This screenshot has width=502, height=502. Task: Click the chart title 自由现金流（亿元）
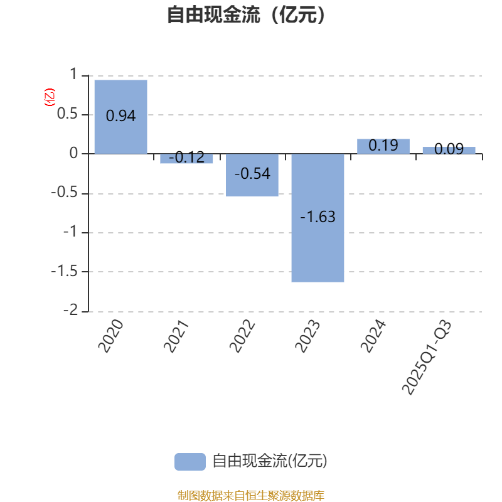click(x=246, y=14)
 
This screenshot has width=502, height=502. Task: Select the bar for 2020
click(x=120, y=117)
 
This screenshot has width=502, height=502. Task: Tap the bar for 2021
click(x=186, y=159)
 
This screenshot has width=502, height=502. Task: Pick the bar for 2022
click(x=252, y=175)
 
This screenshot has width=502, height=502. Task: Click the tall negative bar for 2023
click(x=318, y=218)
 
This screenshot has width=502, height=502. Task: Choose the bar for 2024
click(x=383, y=146)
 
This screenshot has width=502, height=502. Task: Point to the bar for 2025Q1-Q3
click(x=449, y=151)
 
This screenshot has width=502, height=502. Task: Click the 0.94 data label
click(x=120, y=115)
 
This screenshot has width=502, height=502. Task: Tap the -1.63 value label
click(x=318, y=216)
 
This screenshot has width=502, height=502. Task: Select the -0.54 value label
click(x=252, y=174)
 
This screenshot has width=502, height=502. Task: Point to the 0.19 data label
click(x=383, y=146)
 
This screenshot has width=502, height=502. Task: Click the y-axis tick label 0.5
click(x=67, y=114)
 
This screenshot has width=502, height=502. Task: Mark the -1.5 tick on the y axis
click(x=65, y=271)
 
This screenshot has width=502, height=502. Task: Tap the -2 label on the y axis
click(x=70, y=310)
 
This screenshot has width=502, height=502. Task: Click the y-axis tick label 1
click(x=73, y=74)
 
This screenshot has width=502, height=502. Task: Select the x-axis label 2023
click(x=307, y=336)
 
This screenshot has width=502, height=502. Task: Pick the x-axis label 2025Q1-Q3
click(x=426, y=357)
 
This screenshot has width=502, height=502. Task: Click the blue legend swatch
click(x=190, y=462)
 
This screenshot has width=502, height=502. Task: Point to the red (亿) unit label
click(x=50, y=97)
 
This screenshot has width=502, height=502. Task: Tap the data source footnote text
click(x=250, y=495)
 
